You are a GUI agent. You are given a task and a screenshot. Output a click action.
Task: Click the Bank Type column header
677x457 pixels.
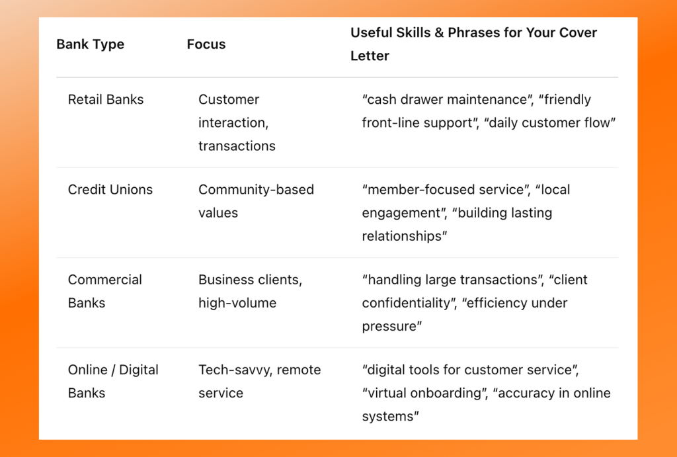tap(90, 44)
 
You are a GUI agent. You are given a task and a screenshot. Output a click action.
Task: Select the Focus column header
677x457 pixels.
tap(206, 44)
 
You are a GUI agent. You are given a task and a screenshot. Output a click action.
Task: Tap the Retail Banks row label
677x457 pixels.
tap(106, 99)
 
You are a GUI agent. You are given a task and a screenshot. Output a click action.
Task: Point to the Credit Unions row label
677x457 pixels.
tap(110, 190)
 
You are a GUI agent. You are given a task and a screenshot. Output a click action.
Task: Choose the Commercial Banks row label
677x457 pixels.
tap(105, 291)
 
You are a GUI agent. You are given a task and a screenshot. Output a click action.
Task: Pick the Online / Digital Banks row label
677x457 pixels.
tap(113, 382)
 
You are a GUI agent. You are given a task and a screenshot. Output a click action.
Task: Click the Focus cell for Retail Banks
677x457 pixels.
tap(237, 122)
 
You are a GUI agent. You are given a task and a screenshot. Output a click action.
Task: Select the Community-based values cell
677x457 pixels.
tap(256, 201)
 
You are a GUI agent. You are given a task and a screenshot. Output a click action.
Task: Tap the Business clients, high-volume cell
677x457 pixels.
tap(250, 291)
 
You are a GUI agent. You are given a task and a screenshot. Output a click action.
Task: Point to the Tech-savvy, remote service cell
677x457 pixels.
tap(259, 382)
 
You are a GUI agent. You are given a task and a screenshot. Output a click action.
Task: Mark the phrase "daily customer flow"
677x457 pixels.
tap(549, 122)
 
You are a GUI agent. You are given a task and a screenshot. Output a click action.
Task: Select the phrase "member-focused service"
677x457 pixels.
tap(445, 190)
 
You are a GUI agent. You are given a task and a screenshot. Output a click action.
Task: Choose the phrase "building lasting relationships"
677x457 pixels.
tap(457, 224)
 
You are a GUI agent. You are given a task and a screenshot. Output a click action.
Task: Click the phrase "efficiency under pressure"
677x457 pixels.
tap(465, 314)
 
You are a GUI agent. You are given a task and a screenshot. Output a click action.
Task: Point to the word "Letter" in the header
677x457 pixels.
tap(370, 56)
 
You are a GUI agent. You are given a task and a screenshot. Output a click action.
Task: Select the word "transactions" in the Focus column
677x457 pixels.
tap(237, 146)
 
